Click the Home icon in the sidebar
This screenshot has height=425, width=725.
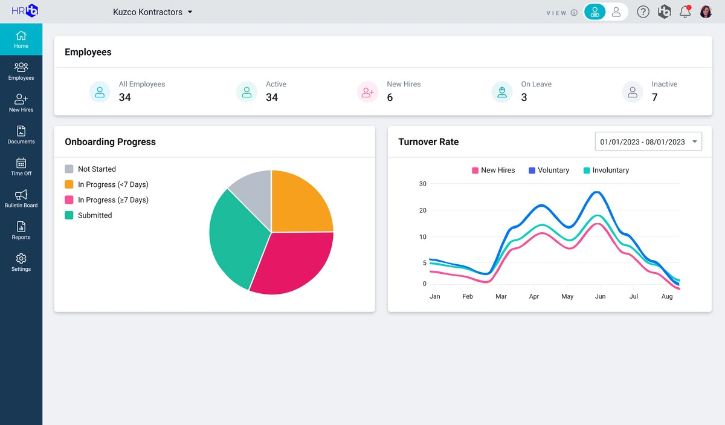(x=21, y=36)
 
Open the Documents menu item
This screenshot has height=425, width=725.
(x=21, y=131)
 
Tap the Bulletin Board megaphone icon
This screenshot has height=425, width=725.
(x=21, y=195)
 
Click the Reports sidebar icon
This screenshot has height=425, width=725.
(x=21, y=227)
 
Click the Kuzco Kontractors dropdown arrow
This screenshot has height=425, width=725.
(x=190, y=12)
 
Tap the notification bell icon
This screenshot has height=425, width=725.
(x=685, y=11)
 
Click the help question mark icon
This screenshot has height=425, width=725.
(x=643, y=11)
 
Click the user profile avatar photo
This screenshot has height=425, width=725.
(x=706, y=11)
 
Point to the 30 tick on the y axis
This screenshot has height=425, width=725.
(x=423, y=184)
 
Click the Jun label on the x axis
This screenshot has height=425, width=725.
(x=600, y=297)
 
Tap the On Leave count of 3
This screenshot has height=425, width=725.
(x=524, y=97)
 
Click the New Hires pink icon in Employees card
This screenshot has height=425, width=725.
(x=367, y=92)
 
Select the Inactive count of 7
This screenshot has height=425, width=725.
(x=654, y=97)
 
